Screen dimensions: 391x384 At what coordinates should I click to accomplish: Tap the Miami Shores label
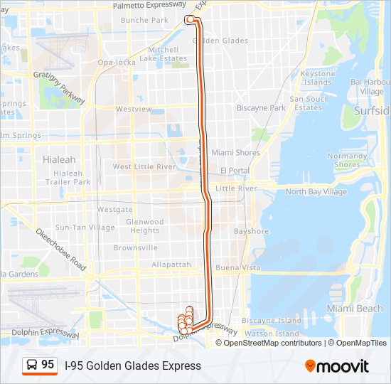tap(235, 153)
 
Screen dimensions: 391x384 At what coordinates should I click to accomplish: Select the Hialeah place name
tap(58, 159)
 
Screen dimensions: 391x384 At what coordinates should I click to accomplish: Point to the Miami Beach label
tap(354, 309)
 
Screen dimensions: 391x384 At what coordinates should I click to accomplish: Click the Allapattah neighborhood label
tap(171, 265)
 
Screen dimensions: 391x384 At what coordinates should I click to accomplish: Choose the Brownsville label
tap(135, 248)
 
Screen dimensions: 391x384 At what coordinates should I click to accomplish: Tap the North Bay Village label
tap(316, 192)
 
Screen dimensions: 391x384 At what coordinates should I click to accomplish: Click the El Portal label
tap(234, 171)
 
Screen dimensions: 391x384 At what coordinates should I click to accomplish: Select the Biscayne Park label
tap(261, 109)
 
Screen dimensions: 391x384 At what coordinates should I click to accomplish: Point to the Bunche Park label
tap(144, 21)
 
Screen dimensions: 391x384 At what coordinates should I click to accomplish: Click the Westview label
tap(134, 110)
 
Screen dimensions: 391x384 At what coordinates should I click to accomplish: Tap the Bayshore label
tap(252, 232)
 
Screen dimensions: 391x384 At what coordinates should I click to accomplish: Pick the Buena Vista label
tap(238, 268)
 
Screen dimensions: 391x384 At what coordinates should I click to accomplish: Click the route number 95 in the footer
tap(48, 364)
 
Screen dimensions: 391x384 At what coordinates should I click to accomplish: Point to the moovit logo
tap(337, 366)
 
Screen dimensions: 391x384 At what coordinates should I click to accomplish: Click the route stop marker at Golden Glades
tap(190, 20)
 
